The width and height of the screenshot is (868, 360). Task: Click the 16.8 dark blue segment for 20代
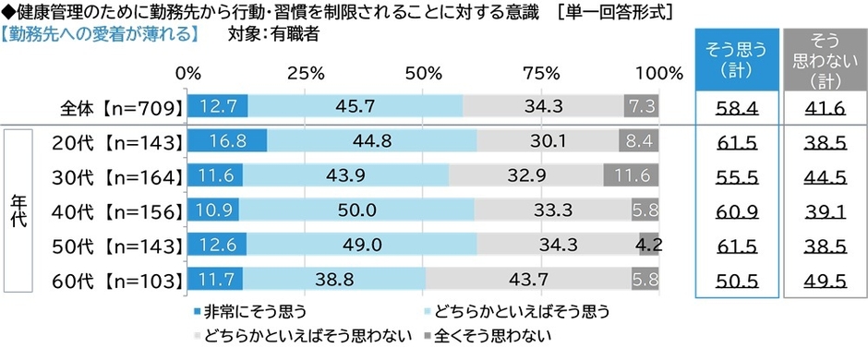(x=226, y=141)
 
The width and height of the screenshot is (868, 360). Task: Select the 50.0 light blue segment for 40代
(x=356, y=210)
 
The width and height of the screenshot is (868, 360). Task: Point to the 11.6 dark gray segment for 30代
(x=631, y=175)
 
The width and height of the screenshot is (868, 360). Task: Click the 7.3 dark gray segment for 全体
(x=642, y=107)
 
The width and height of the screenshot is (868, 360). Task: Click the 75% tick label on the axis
(x=540, y=73)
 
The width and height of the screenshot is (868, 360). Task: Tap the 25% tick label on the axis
(x=305, y=73)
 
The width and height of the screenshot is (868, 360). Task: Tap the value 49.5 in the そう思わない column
(x=822, y=279)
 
